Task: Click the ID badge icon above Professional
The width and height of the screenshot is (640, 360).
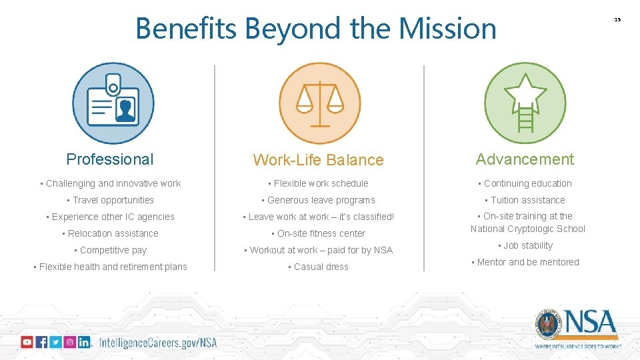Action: pos(113,103)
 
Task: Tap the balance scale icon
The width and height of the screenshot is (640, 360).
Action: pos(319,103)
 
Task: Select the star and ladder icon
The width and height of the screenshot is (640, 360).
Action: pos(525,103)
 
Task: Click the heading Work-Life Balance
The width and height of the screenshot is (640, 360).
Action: pos(318,160)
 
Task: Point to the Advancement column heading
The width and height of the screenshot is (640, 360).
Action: pos(525,159)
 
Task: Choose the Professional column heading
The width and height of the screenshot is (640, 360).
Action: pos(110,159)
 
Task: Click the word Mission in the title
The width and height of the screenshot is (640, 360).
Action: pos(447,29)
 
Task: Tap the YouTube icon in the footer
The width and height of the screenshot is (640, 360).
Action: pos(27,342)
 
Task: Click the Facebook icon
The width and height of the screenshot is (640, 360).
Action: pos(41,342)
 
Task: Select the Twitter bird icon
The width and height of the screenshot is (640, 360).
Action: pos(55,342)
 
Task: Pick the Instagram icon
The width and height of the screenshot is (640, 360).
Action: pos(69,342)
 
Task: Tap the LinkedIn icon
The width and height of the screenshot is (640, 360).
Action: pos(84,342)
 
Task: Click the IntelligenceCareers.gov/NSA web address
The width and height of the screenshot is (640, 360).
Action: pos(158,343)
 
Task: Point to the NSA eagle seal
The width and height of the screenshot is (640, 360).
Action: pos(549,324)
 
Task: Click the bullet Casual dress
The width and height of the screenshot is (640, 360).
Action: pos(321,267)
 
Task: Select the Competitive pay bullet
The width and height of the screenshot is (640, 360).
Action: pos(113,250)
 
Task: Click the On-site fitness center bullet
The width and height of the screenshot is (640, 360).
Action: pos(321,233)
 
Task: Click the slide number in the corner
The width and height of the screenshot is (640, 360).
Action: pos(617,19)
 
